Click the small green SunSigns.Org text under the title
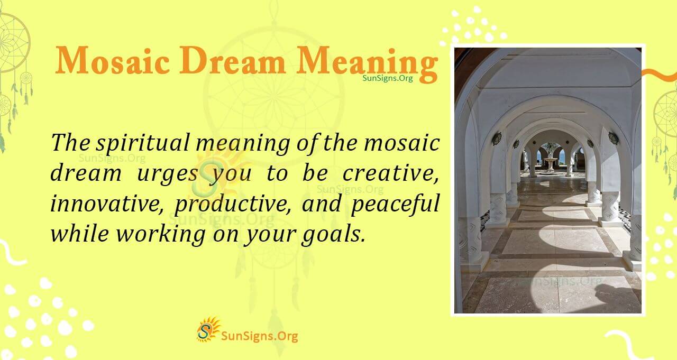(388, 78)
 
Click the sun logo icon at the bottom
(208, 329)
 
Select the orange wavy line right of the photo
(660, 76)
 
